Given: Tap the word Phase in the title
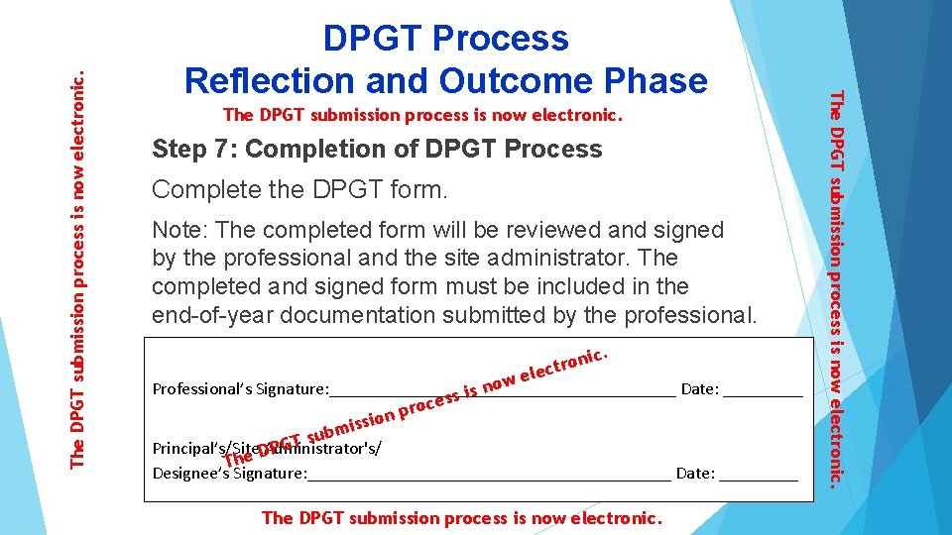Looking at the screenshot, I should pyautogui.click(x=654, y=79).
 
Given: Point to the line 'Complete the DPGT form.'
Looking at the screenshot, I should pyautogui.click(x=299, y=189).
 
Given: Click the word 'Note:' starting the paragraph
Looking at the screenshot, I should pyautogui.click(x=179, y=230).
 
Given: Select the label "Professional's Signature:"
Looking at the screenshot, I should pyautogui.click(x=239, y=388).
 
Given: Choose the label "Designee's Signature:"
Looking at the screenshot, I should pyautogui.click(x=229, y=473).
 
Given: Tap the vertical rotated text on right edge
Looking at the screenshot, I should pyautogui.click(x=836, y=287).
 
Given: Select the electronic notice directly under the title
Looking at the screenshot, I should pyautogui.click(x=423, y=115).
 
